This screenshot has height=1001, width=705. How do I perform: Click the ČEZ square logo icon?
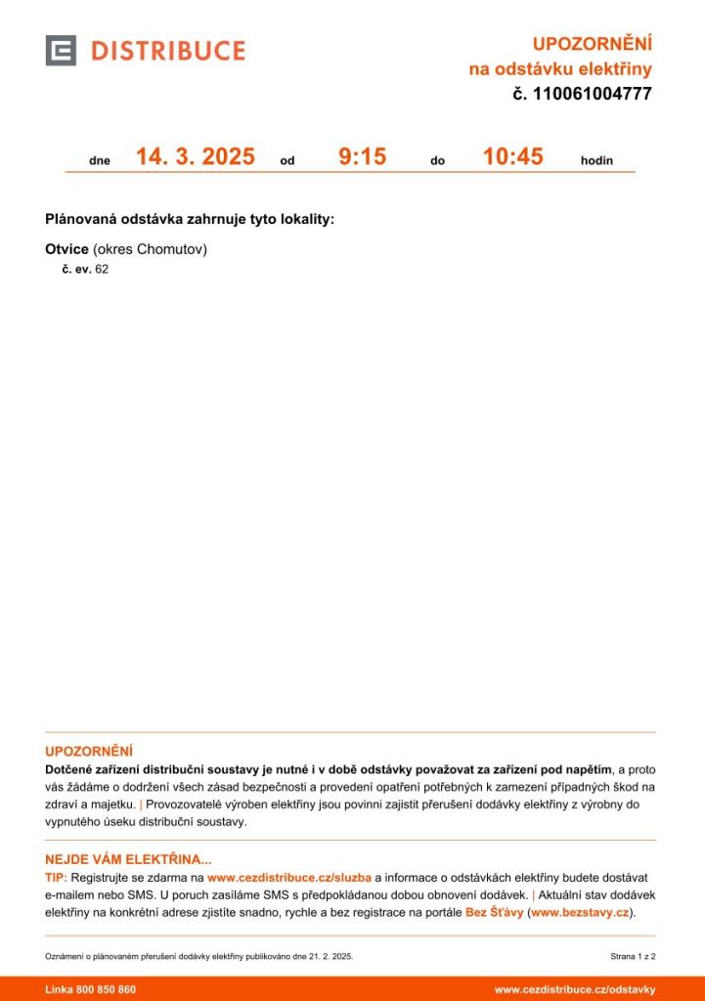click(x=61, y=51)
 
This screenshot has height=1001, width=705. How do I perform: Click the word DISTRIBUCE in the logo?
click(x=168, y=51)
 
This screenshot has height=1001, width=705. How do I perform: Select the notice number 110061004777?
click(x=593, y=95)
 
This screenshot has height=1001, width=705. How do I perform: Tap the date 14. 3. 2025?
click(x=195, y=156)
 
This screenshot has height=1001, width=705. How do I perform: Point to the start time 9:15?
click(x=362, y=156)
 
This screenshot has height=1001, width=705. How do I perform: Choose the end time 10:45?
click(x=512, y=156)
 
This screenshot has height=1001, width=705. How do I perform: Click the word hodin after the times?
click(x=596, y=160)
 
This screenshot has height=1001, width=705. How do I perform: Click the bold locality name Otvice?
click(x=66, y=249)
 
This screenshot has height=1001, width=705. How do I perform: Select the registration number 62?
click(x=102, y=269)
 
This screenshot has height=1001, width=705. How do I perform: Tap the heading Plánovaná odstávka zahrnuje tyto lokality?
click(x=190, y=219)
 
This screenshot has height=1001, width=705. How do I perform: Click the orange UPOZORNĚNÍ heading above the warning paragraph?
click(x=88, y=751)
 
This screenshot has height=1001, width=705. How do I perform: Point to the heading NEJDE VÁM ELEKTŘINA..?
click(x=128, y=860)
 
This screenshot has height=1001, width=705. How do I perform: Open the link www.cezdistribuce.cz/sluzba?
click(x=289, y=878)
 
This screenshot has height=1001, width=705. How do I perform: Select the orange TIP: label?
click(x=57, y=878)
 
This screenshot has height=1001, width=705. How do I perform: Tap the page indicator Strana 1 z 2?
click(x=633, y=956)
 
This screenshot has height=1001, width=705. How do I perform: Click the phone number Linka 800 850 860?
click(x=91, y=989)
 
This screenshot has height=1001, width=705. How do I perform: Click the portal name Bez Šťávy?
click(x=494, y=913)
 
